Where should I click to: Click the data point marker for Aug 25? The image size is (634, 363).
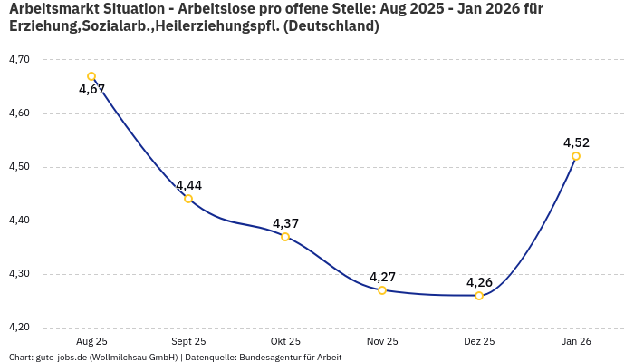91,76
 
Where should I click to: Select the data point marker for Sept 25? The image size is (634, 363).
188,199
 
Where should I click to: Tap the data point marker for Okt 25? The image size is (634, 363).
285,237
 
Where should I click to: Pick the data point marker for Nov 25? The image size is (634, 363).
382,290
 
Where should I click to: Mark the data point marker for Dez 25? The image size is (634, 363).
479,296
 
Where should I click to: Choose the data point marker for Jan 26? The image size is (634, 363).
576,156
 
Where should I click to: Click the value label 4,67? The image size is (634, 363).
91,90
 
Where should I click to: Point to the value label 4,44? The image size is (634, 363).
188,185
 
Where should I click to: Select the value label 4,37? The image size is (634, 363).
285,223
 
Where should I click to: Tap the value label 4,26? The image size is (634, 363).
479,282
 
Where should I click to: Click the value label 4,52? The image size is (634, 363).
576,142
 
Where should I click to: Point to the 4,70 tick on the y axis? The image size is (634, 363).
19,60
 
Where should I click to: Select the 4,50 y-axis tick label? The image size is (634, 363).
19,167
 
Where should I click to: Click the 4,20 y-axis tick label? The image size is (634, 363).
19,328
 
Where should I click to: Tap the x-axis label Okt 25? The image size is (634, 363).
285,341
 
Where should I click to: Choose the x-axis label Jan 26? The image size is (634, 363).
576,341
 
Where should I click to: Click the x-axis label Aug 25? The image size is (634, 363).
91,341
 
